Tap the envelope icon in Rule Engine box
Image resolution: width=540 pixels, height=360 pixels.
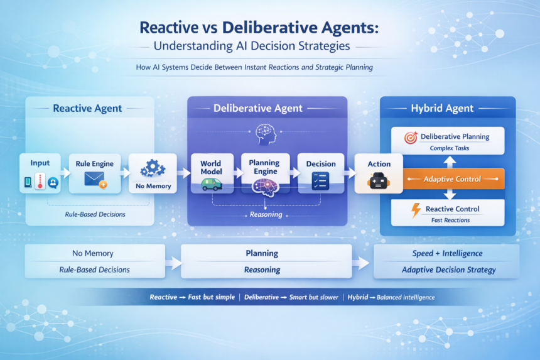click(x=95, y=181)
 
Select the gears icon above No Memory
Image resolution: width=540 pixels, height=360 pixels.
click(x=152, y=168)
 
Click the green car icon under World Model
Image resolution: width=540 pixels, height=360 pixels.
click(x=210, y=183)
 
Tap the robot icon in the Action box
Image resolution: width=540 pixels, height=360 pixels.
click(x=379, y=181)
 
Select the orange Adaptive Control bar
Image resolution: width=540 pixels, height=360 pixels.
click(x=451, y=179)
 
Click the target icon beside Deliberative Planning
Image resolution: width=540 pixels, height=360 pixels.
click(x=411, y=137)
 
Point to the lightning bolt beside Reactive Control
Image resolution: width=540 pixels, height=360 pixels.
click(x=415, y=211)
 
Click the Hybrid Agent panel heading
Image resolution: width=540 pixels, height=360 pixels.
click(x=446, y=108)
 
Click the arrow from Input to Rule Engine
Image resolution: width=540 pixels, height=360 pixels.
click(x=66, y=172)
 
